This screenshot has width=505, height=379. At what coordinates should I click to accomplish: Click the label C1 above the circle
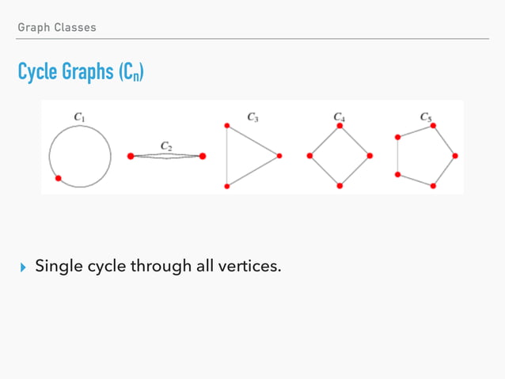(x=80, y=117)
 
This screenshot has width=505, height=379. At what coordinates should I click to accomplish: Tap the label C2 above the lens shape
(x=167, y=146)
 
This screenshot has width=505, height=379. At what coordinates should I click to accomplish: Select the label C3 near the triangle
(x=252, y=117)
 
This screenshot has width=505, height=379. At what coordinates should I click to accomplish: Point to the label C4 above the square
(x=339, y=117)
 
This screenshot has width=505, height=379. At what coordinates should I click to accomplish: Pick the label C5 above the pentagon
(x=426, y=117)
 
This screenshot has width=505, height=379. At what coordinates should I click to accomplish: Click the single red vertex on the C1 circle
(x=58, y=179)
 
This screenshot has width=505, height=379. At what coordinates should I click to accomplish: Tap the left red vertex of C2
(x=131, y=157)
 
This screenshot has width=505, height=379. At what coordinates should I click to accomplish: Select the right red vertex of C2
(x=203, y=157)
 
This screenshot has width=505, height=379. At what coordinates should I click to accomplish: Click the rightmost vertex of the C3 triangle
(x=279, y=156)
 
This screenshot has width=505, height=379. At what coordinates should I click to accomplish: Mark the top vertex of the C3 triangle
(x=227, y=126)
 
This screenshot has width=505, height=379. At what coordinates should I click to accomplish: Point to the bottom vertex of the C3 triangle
(x=227, y=186)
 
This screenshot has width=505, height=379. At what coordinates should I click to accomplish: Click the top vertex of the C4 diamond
(x=340, y=126)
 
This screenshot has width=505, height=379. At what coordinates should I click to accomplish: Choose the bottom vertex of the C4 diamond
(x=340, y=186)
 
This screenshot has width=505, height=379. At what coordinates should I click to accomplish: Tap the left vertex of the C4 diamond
(x=309, y=156)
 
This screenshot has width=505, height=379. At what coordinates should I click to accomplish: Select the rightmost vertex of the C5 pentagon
(x=455, y=156)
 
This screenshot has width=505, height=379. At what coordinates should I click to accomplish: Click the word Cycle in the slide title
(x=38, y=73)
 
